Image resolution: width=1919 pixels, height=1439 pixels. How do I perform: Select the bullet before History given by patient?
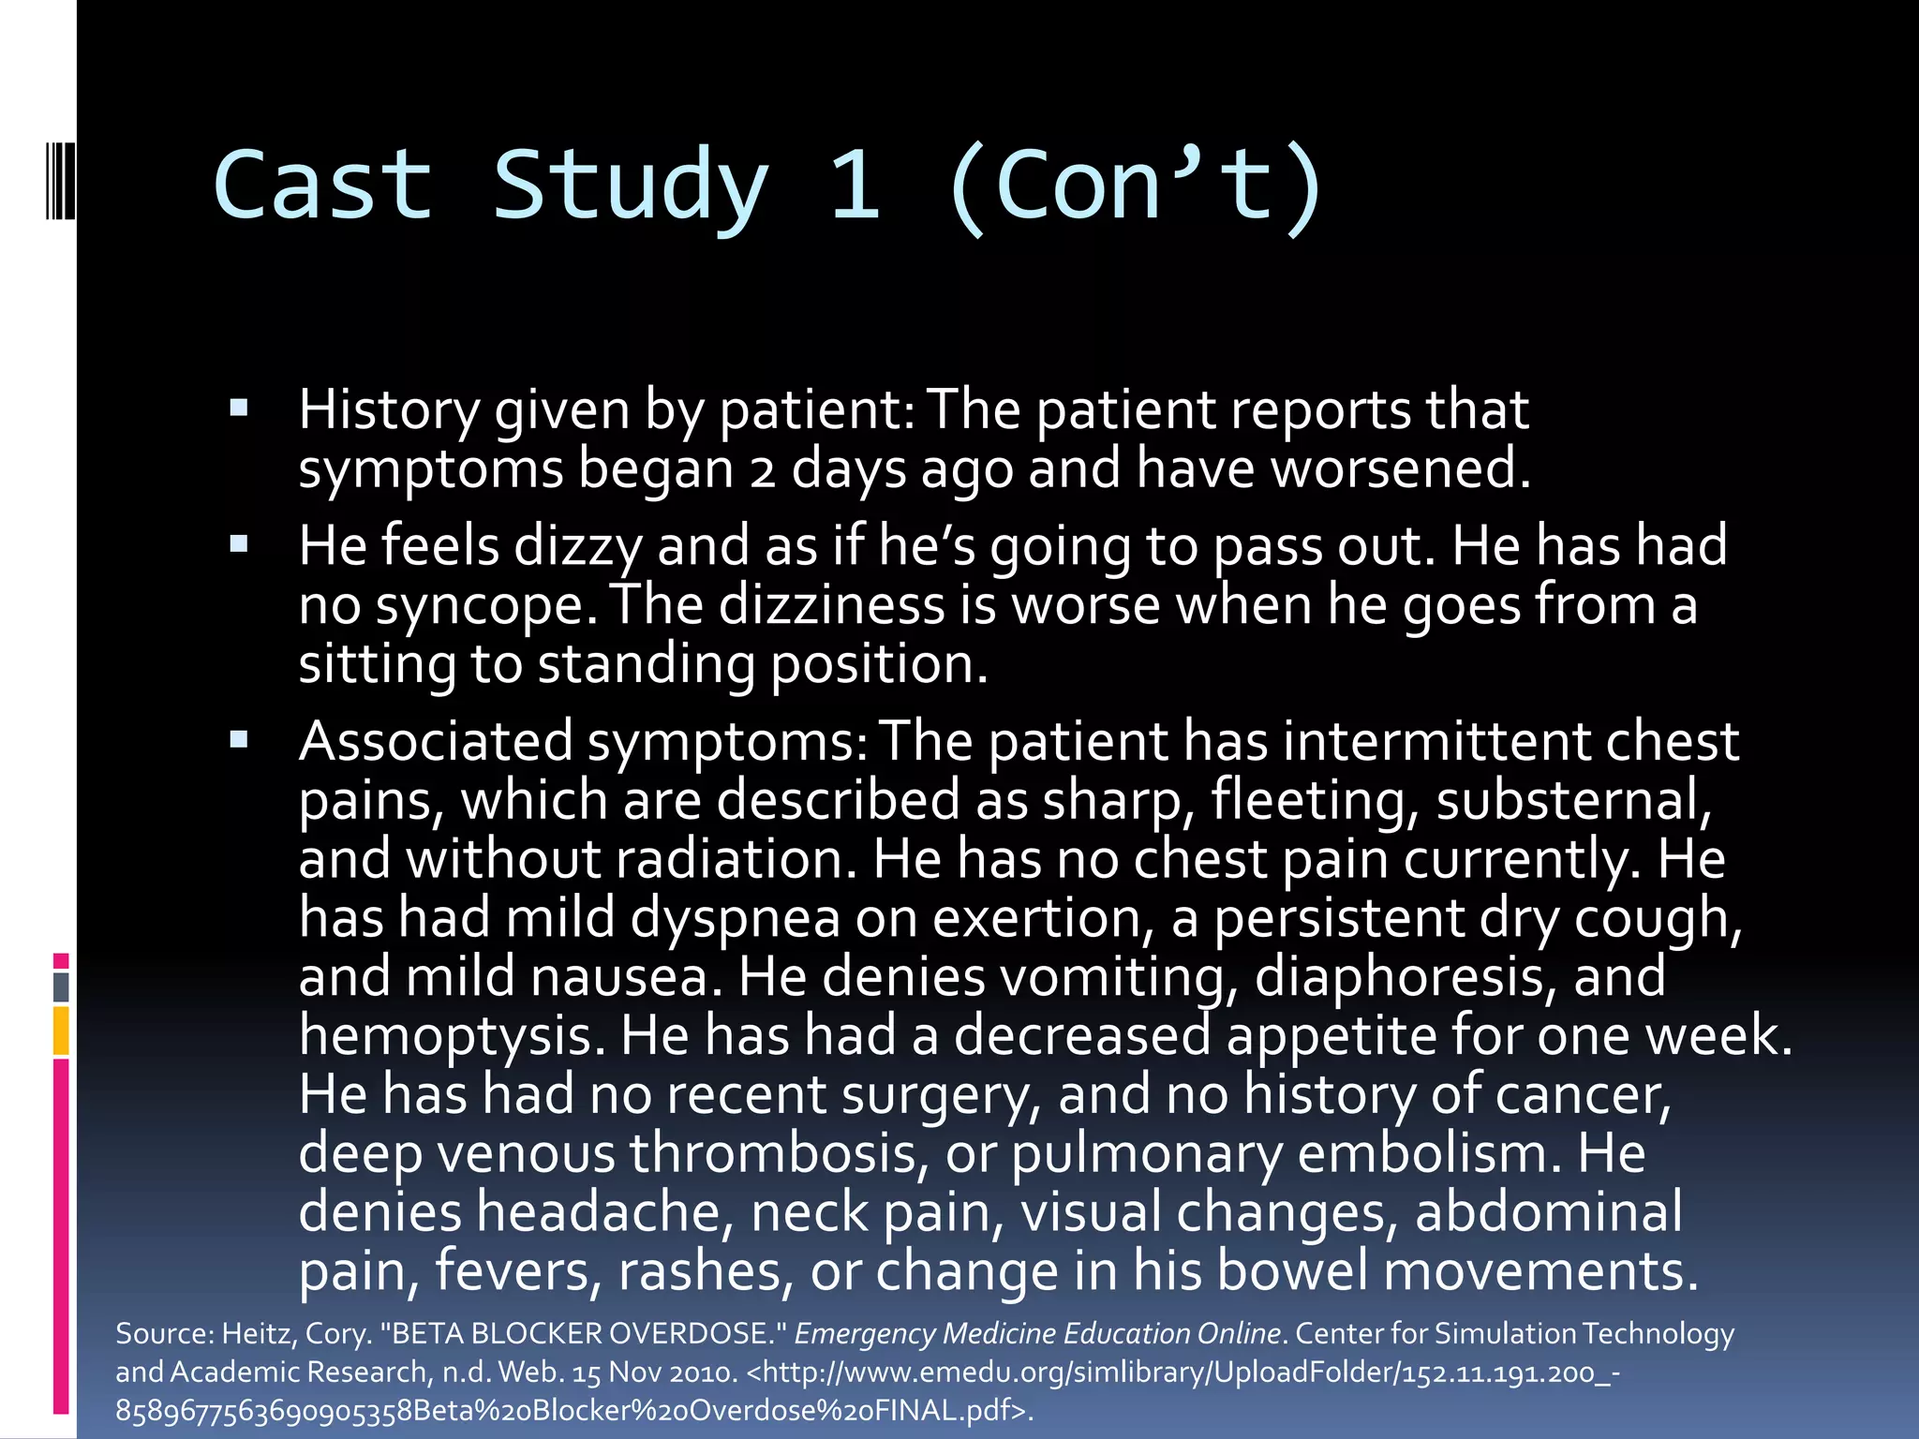239,408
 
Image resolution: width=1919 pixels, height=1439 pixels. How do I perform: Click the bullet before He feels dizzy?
239,543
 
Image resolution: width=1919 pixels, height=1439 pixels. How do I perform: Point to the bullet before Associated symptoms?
239,740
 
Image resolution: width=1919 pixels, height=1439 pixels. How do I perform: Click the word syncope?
485,607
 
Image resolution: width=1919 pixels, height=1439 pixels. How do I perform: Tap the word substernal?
1572,801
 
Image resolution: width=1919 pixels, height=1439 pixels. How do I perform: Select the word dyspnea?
735,918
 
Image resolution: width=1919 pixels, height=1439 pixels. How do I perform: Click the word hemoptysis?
445,1036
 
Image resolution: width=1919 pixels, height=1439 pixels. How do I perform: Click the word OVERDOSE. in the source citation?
700,1333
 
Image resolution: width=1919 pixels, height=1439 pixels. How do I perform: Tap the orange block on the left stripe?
61,1031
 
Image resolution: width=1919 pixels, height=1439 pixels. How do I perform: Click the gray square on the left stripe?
61,987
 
